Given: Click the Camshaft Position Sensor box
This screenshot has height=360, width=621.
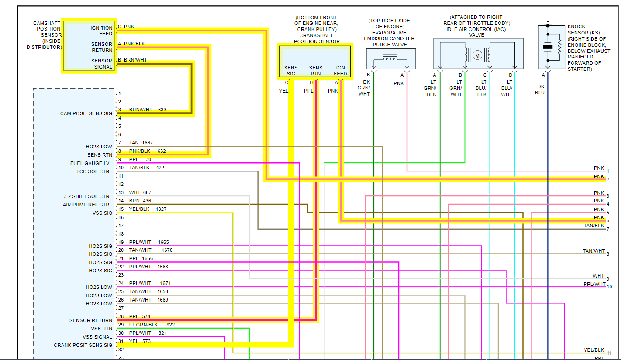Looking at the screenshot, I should coord(89,45).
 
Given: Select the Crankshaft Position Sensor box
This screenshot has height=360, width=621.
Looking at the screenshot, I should coord(315,61).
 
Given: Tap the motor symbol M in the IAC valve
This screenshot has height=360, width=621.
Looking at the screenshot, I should coord(477,55).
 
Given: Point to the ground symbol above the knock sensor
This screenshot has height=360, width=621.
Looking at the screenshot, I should coord(548,22).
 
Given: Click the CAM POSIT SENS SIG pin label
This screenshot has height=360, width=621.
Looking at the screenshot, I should coord(86,113).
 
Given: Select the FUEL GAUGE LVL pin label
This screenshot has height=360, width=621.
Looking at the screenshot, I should coord(91,163).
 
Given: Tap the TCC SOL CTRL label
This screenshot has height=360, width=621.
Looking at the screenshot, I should coord(94,171).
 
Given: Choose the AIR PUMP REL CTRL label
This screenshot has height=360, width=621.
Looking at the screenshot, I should coord(87,205).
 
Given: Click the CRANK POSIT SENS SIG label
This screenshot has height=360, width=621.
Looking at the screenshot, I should coord(83,345).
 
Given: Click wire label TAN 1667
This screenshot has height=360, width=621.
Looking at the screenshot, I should coord(141,143).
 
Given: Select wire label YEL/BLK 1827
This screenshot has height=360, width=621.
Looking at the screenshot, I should coord(148,209).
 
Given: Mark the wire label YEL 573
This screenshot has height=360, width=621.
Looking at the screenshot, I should coord(140,341).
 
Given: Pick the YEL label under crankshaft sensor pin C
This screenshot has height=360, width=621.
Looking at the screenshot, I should coord(284,91).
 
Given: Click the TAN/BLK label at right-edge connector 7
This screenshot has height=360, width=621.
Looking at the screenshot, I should coord(594,226).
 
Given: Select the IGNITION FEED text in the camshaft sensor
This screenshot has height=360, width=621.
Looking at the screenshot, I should coord(101,31).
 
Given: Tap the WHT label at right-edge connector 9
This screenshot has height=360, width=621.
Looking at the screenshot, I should coord(598,276).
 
